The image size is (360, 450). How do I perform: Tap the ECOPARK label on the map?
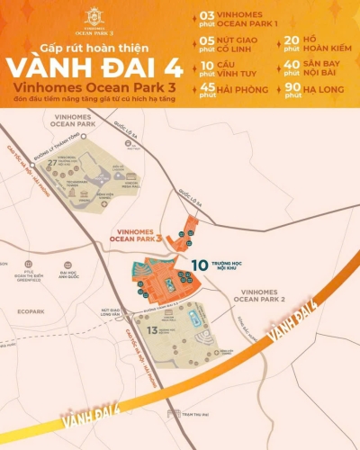coord(29,311)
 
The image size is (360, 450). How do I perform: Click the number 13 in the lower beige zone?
coord(152,331)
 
